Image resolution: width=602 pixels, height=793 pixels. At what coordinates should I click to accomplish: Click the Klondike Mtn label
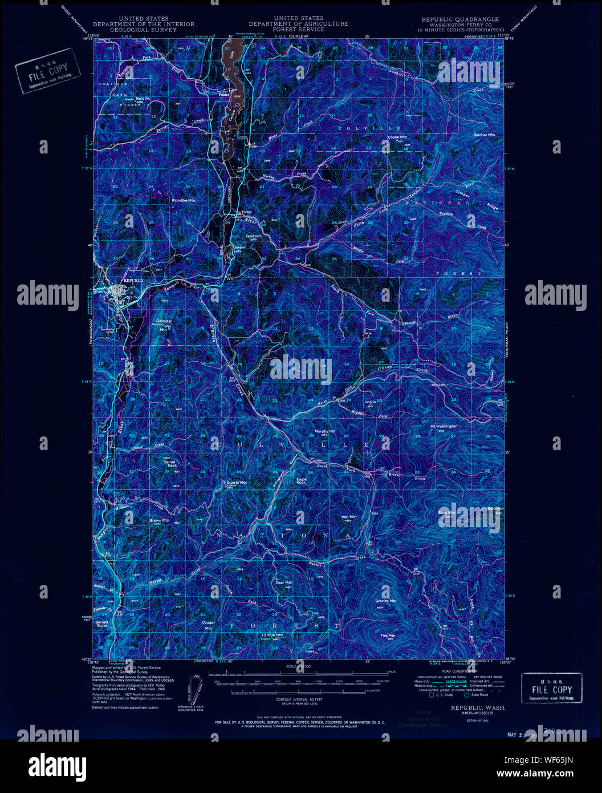(x=184, y=201)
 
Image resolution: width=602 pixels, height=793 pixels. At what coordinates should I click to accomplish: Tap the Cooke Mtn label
(x=397, y=137)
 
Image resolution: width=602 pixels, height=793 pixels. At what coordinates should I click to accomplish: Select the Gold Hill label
(x=253, y=236)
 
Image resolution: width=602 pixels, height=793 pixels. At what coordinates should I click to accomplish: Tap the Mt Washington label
(x=444, y=426)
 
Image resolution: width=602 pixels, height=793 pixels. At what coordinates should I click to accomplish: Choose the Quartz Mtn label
(x=236, y=483)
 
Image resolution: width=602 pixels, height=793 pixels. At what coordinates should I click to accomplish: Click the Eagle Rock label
(x=301, y=481)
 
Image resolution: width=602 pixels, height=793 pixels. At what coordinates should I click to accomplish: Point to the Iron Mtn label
(x=348, y=517)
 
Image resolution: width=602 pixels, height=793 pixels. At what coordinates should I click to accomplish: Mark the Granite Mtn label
(x=385, y=601)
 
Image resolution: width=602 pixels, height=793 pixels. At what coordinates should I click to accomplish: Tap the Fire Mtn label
(x=388, y=636)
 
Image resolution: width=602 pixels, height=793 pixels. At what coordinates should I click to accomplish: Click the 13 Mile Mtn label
(x=272, y=635)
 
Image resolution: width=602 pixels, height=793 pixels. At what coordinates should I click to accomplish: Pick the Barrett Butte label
(x=102, y=624)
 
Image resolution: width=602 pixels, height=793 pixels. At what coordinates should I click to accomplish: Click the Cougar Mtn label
(x=209, y=625)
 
